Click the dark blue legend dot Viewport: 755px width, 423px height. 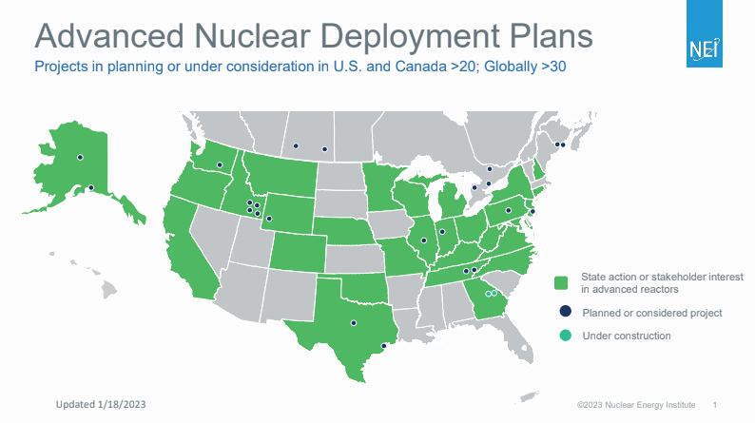pos(563,312)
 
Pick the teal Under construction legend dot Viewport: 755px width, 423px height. pos(563,336)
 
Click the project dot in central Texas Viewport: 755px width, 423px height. pos(354,323)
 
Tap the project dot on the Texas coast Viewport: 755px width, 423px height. pos(383,346)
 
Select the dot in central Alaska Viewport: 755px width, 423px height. pos(80,157)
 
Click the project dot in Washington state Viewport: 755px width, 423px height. pos(220,165)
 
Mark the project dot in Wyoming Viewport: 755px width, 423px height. pos(269,219)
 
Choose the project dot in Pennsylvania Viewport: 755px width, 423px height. pos(508,210)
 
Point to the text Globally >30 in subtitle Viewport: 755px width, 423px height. pos(509,67)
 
